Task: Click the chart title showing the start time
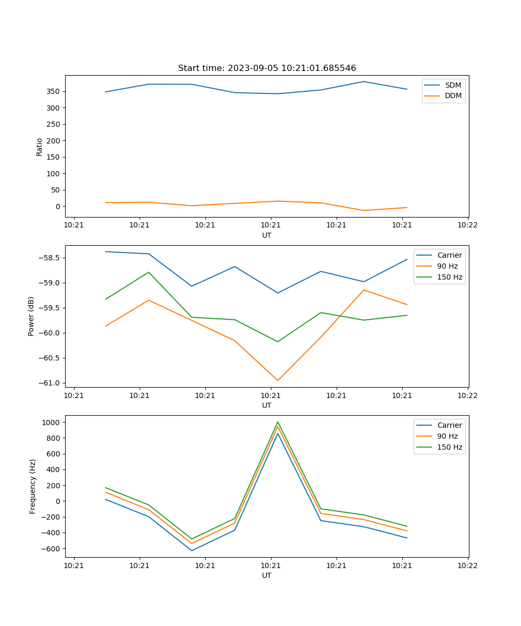point(267,68)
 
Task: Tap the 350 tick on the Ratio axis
point(54,92)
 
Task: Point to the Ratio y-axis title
point(40,147)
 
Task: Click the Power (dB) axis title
point(31,316)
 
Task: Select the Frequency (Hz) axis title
point(33,486)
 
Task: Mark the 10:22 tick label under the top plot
point(467,225)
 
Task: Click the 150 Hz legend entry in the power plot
point(450,277)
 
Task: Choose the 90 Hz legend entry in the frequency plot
point(448,436)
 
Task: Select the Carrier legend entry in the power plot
point(449,255)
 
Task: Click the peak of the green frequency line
point(278,422)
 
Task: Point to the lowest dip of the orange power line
point(278,380)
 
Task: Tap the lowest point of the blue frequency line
point(192,550)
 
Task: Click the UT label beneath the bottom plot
point(267,575)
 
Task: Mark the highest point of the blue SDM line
point(364,81)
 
